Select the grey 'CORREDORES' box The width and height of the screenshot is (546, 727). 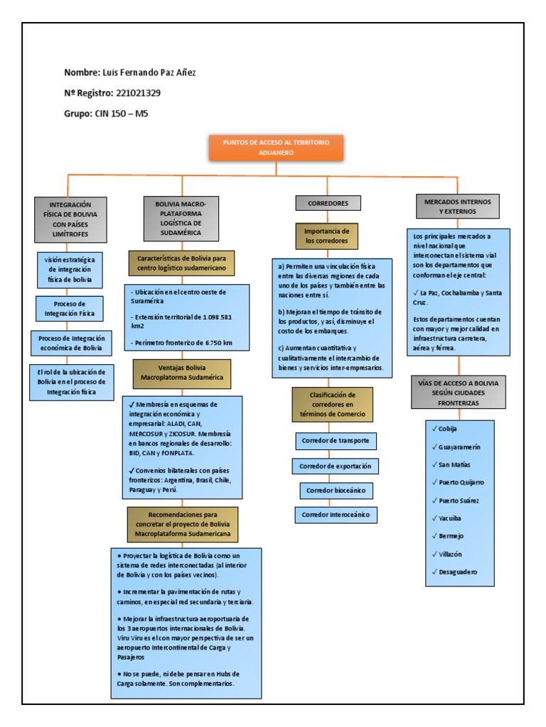[x=328, y=203]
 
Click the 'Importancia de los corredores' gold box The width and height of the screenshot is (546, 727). [x=326, y=236]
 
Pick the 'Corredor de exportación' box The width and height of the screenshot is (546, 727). [x=335, y=466]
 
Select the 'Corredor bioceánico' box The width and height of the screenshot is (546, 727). [x=335, y=491]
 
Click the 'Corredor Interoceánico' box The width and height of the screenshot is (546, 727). [x=335, y=514]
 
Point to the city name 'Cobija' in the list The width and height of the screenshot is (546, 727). [x=448, y=430]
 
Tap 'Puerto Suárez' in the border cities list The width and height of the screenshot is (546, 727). [x=459, y=501]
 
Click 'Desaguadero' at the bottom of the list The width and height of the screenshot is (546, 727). [x=458, y=572]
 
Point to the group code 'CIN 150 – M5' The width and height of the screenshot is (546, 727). [x=125, y=114]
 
